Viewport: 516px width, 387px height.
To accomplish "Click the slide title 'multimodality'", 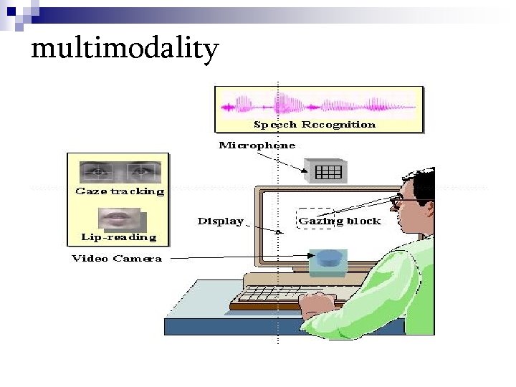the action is (x=125, y=49).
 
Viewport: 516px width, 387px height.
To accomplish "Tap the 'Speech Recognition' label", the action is (x=315, y=125).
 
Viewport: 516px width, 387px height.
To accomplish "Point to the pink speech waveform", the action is (x=318, y=106).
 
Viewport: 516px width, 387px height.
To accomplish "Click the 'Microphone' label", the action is (x=257, y=145).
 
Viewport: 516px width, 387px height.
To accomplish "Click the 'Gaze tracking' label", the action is (x=120, y=191).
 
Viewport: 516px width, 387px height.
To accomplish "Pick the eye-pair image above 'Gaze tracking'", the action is (x=120, y=171).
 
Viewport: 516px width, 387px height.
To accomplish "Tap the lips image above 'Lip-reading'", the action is (x=118, y=216).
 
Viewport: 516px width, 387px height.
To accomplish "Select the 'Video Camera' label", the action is (x=117, y=258).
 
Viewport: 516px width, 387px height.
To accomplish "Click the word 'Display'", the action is (x=221, y=221).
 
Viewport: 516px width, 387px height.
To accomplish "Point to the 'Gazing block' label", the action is (x=340, y=221).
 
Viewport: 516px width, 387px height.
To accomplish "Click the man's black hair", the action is (x=419, y=183).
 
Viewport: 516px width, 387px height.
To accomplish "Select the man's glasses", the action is (x=396, y=203).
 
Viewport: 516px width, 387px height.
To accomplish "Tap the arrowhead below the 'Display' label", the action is (x=279, y=231).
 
